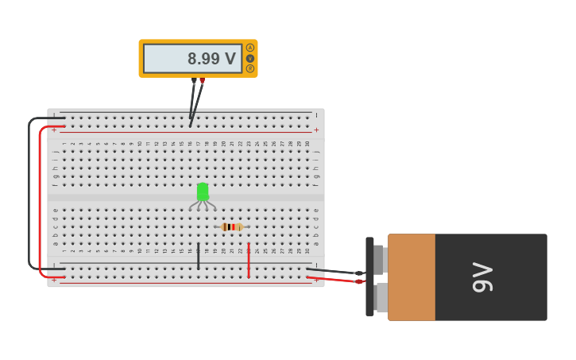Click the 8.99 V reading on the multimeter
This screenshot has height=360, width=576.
tap(211, 59)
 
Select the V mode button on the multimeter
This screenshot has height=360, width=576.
tap(250, 58)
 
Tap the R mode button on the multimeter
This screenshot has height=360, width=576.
tap(250, 68)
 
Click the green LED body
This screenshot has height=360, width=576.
tap(203, 192)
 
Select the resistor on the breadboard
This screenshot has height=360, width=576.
tap(232, 227)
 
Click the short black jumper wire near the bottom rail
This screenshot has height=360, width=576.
tap(199, 257)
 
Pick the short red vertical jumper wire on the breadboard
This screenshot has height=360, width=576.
tap(249, 260)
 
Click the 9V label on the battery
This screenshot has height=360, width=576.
tap(482, 277)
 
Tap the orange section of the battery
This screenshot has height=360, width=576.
tap(412, 277)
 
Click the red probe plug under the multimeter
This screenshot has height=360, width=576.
tap(202, 80)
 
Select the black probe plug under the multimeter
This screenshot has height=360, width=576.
tap(194, 80)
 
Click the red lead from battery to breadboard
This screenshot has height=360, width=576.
tap(334, 278)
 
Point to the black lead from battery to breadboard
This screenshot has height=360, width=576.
tap(334, 270)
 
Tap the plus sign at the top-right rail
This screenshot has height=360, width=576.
tap(316, 130)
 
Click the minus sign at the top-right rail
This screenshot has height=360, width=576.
tap(316, 115)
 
